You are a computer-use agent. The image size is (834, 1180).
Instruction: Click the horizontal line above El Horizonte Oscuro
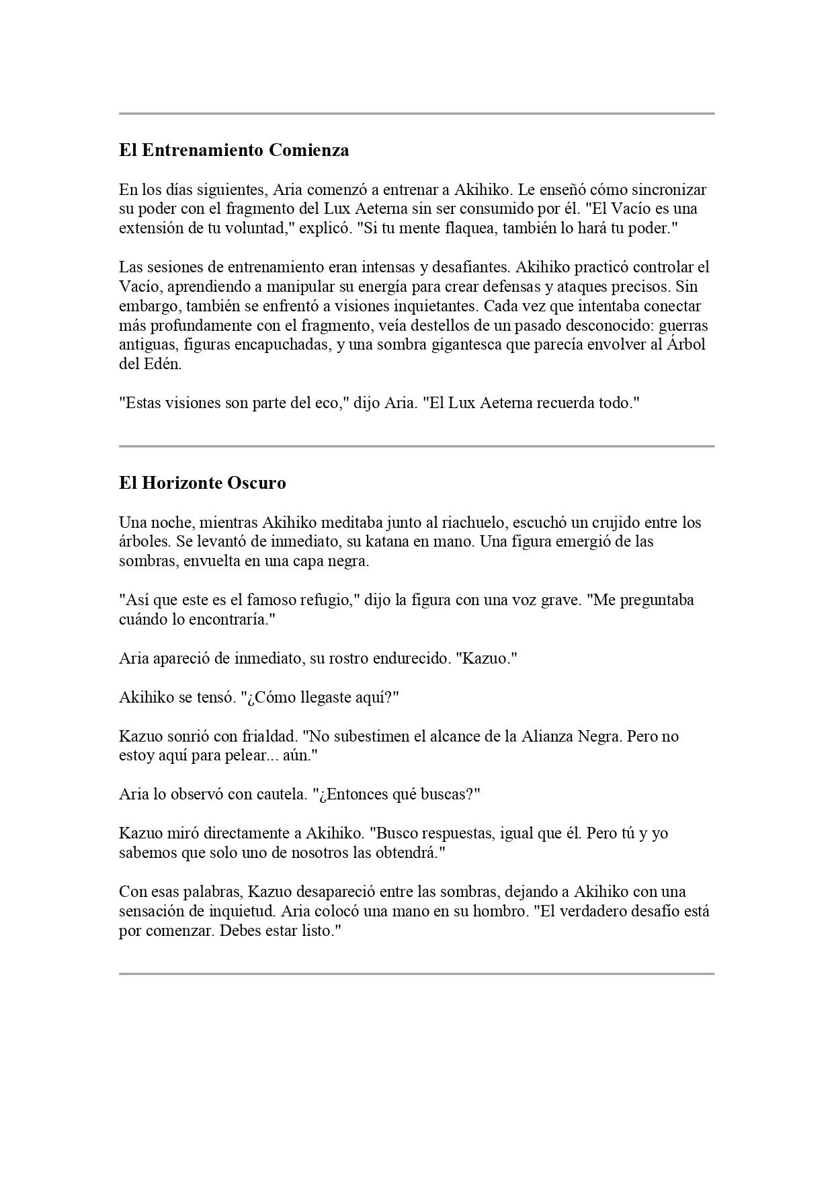pyautogui.click(x=417, y=446)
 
